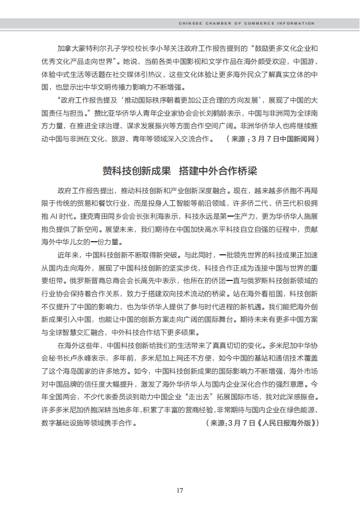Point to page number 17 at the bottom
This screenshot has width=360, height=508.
179,491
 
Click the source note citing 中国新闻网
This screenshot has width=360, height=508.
272,139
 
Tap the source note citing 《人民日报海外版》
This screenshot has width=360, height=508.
262,423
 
